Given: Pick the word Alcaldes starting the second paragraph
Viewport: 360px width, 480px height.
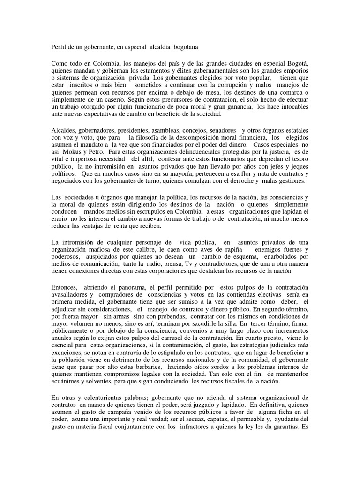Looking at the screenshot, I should coord(63,129).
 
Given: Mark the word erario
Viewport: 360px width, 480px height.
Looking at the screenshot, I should coord(59,218).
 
